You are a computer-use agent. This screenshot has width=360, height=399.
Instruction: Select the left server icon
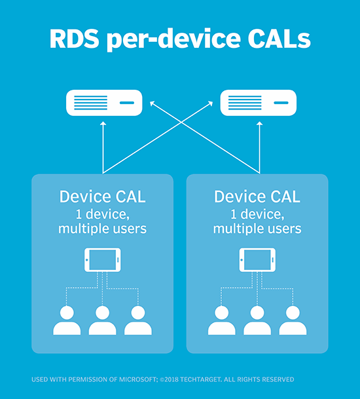tap(103, 103)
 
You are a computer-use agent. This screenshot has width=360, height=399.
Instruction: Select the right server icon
tap(258, 103)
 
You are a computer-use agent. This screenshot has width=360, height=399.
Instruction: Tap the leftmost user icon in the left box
tap(67, 319)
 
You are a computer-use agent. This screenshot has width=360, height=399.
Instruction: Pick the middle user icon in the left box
tap(103, 319)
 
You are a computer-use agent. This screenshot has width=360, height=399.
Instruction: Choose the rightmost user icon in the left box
tap(138, 319)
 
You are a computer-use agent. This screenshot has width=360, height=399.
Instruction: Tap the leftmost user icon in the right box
tap(222, 319)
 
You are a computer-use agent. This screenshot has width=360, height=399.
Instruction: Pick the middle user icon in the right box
tap(257, 319)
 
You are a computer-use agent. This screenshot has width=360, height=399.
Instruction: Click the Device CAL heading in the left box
tap(103, 197)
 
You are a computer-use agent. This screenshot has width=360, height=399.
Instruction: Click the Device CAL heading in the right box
tap(257, 197)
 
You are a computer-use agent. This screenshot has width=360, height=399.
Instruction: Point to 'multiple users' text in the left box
tap(103, 229)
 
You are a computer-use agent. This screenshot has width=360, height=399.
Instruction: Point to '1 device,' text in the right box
tap(257, 214)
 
